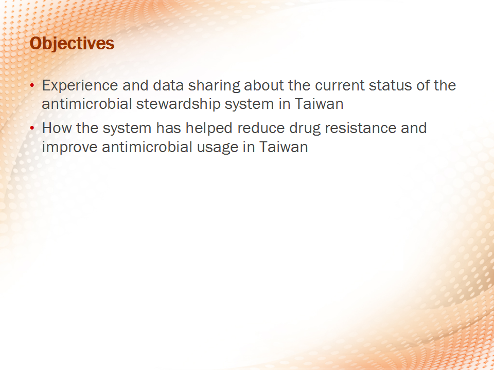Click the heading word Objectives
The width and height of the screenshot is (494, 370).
(72, 43)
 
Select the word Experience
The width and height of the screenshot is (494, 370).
(80, 86)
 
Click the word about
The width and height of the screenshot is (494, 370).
(263, 85)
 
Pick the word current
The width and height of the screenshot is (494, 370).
(340, 86)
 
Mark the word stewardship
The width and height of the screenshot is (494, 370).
(178, 104)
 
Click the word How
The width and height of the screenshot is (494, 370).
(57, 128)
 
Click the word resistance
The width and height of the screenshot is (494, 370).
(360, 128)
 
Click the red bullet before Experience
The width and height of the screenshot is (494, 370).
(32, 85)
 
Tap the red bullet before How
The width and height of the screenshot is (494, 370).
(32, 128)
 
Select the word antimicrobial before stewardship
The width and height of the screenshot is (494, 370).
(86, 104)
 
